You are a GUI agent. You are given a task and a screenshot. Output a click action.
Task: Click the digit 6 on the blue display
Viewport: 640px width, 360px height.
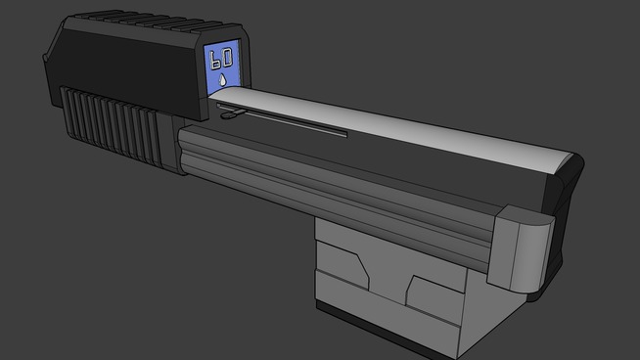214,61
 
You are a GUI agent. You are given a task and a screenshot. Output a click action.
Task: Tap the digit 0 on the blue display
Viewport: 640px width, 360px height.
227,57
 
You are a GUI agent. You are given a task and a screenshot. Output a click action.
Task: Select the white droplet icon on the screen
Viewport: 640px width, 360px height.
222,80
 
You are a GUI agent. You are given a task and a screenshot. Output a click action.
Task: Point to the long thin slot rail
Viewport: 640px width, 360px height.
282,120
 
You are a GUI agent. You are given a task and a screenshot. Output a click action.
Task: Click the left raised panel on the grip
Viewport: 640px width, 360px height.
342,265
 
